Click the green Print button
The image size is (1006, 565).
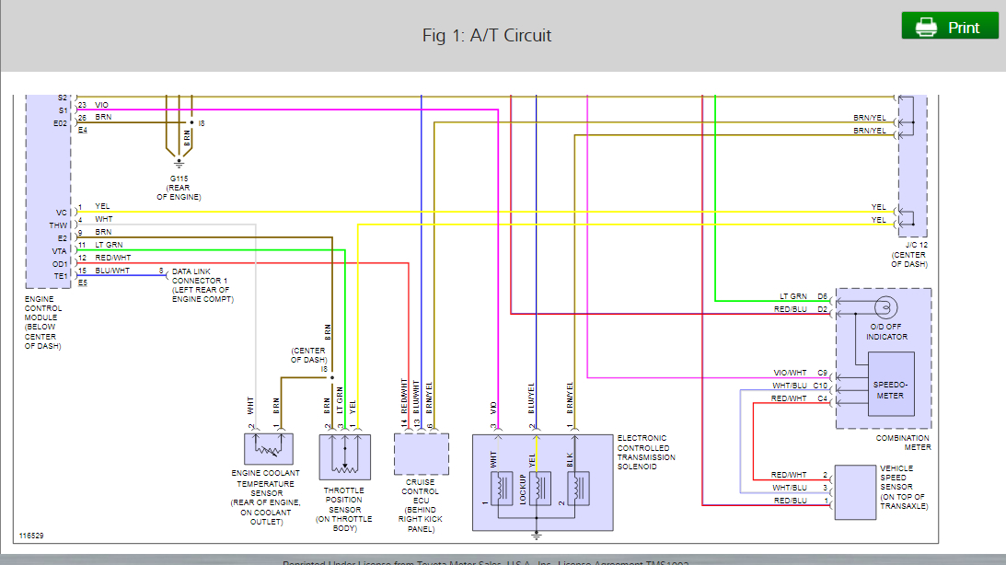coord(950,27)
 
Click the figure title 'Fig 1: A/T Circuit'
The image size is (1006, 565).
coord(487,36)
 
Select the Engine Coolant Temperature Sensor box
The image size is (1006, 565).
coord(268,449)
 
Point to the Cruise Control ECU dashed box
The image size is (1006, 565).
coord(421,452)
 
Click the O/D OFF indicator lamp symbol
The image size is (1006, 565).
coord(886,306)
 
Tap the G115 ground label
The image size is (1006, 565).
coord(179,178)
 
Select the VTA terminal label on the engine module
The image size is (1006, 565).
coord(61,250)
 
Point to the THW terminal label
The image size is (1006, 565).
coord(59,225)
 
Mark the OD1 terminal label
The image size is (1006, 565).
coord(61,263)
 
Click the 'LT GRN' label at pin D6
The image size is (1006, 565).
coord(793,296)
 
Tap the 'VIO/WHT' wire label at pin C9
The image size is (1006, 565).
coord(790,373)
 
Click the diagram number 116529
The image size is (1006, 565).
coord(32,535)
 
